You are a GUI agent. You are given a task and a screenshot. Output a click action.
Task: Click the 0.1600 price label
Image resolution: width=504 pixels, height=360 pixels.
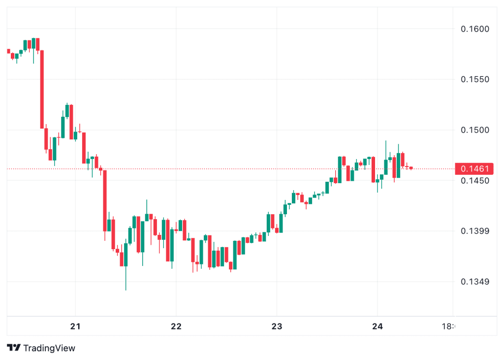(475, 29)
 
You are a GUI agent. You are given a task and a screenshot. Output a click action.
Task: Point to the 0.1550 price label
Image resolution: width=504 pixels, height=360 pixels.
(475, 79)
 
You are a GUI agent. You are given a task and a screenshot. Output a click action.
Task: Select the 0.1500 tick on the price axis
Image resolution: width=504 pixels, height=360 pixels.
(475, 130)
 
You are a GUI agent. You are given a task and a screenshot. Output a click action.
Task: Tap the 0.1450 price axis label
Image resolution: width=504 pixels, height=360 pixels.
(475, 181)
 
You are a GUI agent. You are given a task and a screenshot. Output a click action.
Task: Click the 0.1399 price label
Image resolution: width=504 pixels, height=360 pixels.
(475, 231)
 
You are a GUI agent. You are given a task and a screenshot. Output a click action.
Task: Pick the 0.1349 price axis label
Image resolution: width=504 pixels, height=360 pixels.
(475, 282)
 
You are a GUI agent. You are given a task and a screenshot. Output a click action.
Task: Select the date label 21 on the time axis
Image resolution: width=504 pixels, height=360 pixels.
(75, 327)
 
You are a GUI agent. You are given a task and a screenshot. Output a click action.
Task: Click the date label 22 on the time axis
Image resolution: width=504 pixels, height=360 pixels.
(176, 327)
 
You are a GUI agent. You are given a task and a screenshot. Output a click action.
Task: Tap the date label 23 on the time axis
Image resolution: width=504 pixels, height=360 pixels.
(277, 327)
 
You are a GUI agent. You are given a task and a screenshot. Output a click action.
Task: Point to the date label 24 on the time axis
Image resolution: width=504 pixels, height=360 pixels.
(378, 327)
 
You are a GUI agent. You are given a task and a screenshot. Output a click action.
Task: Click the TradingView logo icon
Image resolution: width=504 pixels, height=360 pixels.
(14, 348)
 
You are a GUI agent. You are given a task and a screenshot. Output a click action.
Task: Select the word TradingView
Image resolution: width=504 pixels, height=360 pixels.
(49, 348)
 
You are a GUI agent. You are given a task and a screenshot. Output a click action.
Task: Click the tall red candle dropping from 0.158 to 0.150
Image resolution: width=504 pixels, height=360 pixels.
(42, 89)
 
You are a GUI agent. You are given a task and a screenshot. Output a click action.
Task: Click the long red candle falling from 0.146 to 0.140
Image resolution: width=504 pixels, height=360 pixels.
(104, 200)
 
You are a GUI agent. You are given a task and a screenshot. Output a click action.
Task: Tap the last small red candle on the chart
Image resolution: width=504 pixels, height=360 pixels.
(410, 168)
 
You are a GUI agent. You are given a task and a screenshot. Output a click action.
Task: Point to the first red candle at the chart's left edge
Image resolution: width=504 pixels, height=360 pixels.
(8, 51)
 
